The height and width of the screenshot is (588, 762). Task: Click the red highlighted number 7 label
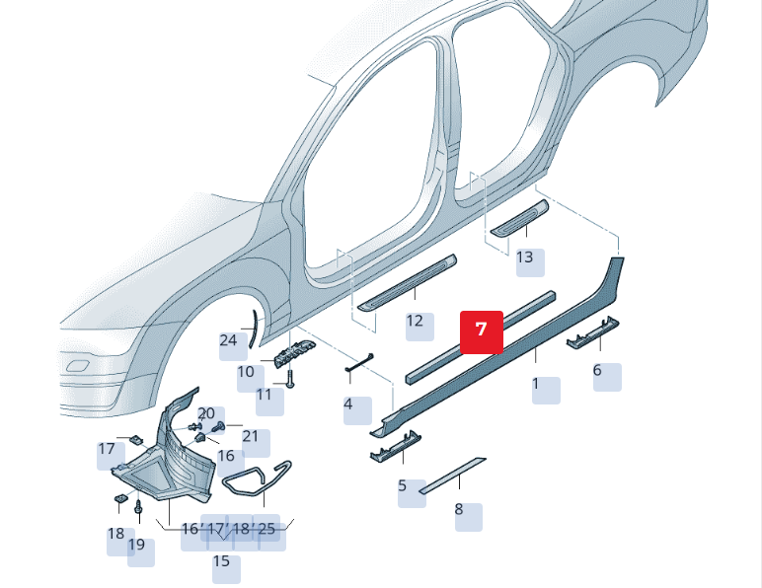pyautogui.click(x=482, y=330)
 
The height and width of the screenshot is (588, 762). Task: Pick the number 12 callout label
pyautogui.click(x=415, y=321)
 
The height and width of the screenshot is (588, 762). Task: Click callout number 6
pyautogui.click(x=597, y=371)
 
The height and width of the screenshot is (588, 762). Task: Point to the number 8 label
pyautogui.click(x=459, y=510)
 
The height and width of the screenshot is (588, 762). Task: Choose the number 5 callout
pyautogui.click(x=403, y=485)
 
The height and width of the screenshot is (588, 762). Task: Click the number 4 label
pyautogui.click(x=348, y=404)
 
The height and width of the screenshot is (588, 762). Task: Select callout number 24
pyautogui.click(x=229, y=340)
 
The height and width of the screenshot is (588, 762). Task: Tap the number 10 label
pyautogui.click(x=246, y=372)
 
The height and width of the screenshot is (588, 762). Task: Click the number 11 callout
pyautogui.click(x=264, y=395)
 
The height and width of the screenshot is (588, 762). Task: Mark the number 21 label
pyautogui.click(x=250, y=436)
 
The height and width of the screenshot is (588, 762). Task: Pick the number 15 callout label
pyautogui.click(x=221, y=561)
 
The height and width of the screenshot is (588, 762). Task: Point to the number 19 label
pyautogui.click(x=136, y=545)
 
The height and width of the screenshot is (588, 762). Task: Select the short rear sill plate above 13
pyautogui.click(x=518, y=216)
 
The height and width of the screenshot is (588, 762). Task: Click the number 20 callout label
pyautogui.click(x=206, y=413)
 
